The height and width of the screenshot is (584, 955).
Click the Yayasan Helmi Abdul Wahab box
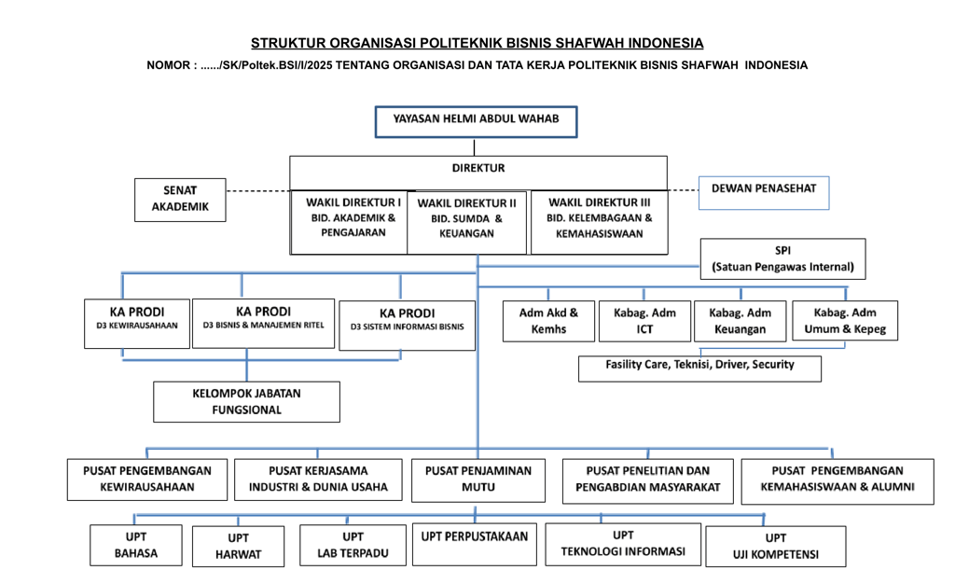[x=476, y=122]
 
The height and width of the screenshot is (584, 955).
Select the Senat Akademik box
[x=180, y=200]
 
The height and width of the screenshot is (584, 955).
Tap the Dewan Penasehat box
[x=764, y=193]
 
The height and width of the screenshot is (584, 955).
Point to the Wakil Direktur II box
[x=466, y=222]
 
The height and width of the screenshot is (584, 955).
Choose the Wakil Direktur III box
[x=600, y=222]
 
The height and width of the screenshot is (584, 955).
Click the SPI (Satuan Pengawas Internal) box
[x=782, y=258]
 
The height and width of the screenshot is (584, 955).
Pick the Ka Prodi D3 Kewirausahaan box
[x=137, y=324]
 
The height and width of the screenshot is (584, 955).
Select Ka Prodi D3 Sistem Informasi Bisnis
[x=407, y=326]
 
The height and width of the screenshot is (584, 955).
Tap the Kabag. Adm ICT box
[x=645, y=321]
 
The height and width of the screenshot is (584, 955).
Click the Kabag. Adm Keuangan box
[x=740, y=321]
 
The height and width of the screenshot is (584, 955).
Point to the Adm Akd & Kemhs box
[x=548, y=321]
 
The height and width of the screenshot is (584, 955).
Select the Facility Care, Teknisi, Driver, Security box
[x=699, y=368]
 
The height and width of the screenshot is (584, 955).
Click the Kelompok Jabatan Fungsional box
[x=246, y=402]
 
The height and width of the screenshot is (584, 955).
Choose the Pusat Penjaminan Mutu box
[x=478, y=480]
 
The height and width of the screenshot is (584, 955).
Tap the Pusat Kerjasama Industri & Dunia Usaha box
[x=318, y=480]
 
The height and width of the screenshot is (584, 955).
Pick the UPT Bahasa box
[x=136, y=545]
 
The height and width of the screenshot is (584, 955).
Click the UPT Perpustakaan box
[x=475, y=544]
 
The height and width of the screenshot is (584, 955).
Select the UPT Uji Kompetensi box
[x=776, y=547]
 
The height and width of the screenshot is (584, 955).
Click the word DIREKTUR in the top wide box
[x=478, y=168]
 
